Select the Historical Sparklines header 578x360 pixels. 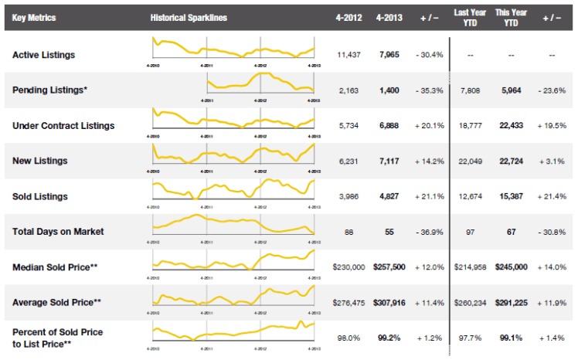coord(189,17)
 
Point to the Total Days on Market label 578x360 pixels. coord(58,230)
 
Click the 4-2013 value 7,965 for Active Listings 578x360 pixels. coord(389,55)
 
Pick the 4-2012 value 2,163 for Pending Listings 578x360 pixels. coord(349,90)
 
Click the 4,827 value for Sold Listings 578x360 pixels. coord(389,195)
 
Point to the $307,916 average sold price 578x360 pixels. coord(389,301)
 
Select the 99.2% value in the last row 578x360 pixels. coord(389,337)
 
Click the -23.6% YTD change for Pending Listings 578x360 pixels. coord(550,90)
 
